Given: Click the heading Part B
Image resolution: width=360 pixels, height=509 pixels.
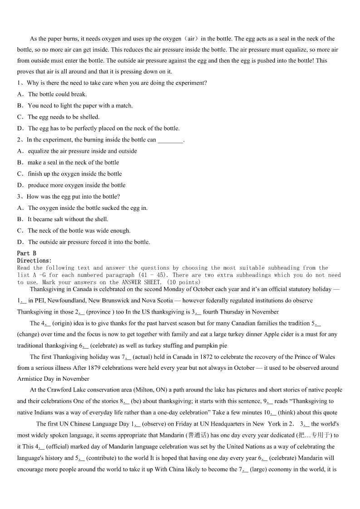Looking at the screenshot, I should pos(26,253).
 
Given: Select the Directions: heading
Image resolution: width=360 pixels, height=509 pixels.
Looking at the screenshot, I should pos(34,261).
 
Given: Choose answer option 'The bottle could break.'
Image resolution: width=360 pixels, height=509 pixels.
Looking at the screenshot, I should pos(57,94).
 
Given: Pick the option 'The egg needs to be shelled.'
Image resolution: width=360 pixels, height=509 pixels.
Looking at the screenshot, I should pos(63,117).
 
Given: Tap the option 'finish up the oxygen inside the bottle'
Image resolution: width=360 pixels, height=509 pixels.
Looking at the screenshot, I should pos(75,174).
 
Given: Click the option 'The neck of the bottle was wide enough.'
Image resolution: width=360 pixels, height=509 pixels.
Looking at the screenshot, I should pos(79,231).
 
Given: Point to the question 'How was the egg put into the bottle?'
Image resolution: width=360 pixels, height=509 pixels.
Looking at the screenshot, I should pos(73,197).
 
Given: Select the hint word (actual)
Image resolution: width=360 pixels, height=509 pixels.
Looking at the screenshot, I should pos(143,357).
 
